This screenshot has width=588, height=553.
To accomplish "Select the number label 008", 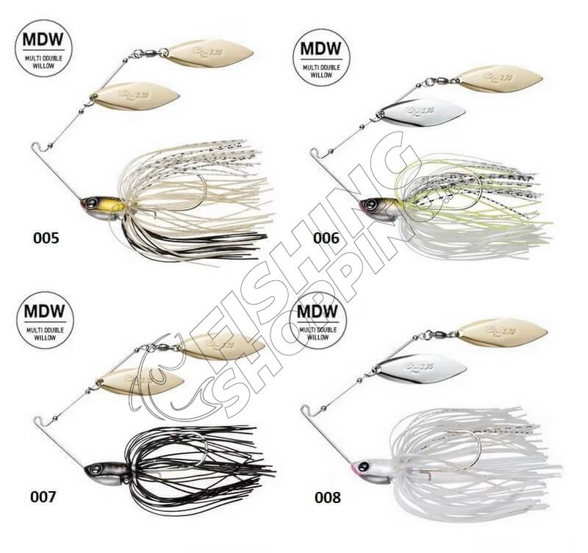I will (327, 498).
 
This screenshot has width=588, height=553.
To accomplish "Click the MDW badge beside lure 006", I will (321, 60).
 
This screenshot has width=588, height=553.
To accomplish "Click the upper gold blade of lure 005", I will (209, 53).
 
